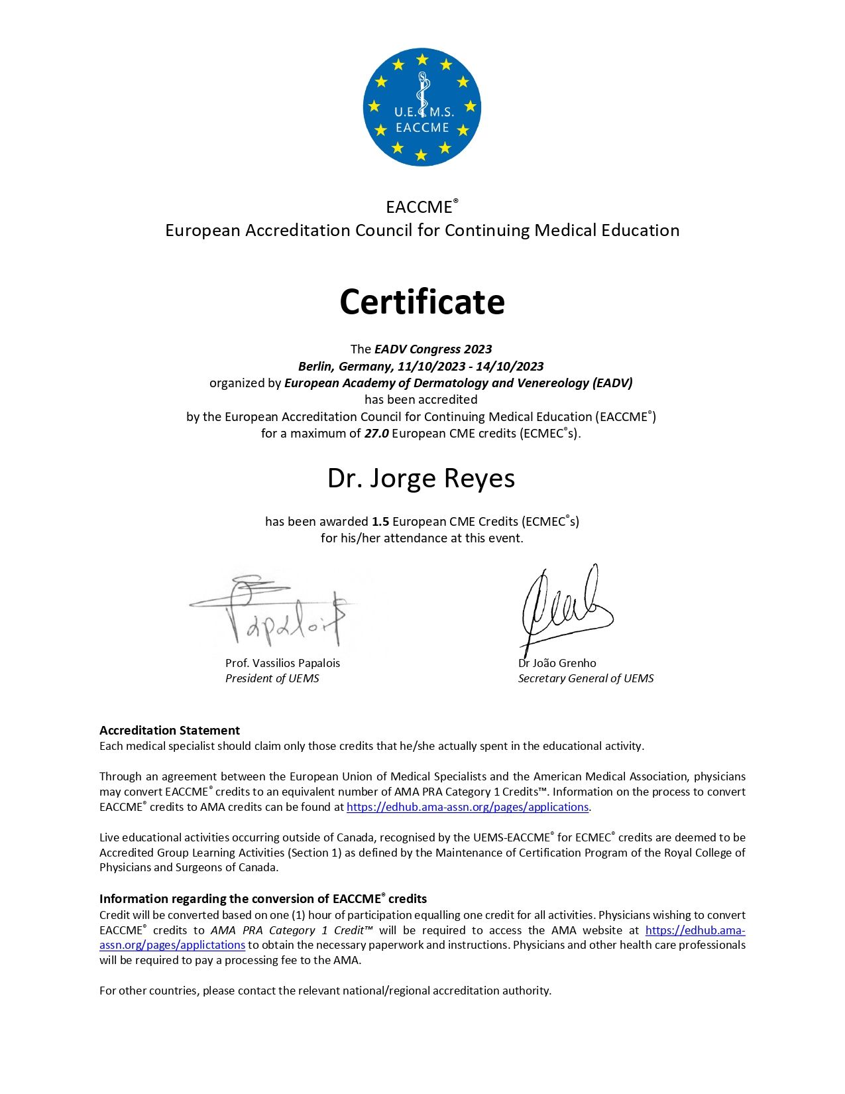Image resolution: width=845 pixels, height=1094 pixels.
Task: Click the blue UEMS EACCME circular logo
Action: pyautogui.click(x=422, y=107)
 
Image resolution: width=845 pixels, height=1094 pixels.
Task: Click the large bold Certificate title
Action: pyautogui.click(x=422, y=302)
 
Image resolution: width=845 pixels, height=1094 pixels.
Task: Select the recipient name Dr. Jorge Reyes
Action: pyautogui.click(x=421, y=478)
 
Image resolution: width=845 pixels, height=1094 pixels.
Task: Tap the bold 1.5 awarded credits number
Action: pyautogui.click(x=380, y=522)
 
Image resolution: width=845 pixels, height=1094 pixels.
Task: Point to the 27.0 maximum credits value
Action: pyautogui.click(x=376, y=434)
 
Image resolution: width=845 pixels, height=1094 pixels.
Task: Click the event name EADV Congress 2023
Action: pyautogui.click(x=433, y=349)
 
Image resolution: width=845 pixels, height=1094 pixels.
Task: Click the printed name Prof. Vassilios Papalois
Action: pyautogui.click(x=282, y=663)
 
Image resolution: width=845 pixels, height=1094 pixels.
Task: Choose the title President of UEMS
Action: pyautogui.click(x=272, y=678)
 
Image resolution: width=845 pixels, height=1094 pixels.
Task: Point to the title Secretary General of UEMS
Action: pyautogui.click(x=586, y=678)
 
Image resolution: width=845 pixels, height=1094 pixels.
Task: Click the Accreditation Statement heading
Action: pyautogui.click(x=170, y=730)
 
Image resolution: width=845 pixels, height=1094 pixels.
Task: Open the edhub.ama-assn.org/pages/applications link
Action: pyautogui.click(x=467, y=807)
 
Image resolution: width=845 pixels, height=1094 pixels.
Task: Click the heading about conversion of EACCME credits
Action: pyautogui.click(x=263, y=899)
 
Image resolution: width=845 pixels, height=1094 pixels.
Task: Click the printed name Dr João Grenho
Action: pyautogui.click(x=557, y=663)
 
